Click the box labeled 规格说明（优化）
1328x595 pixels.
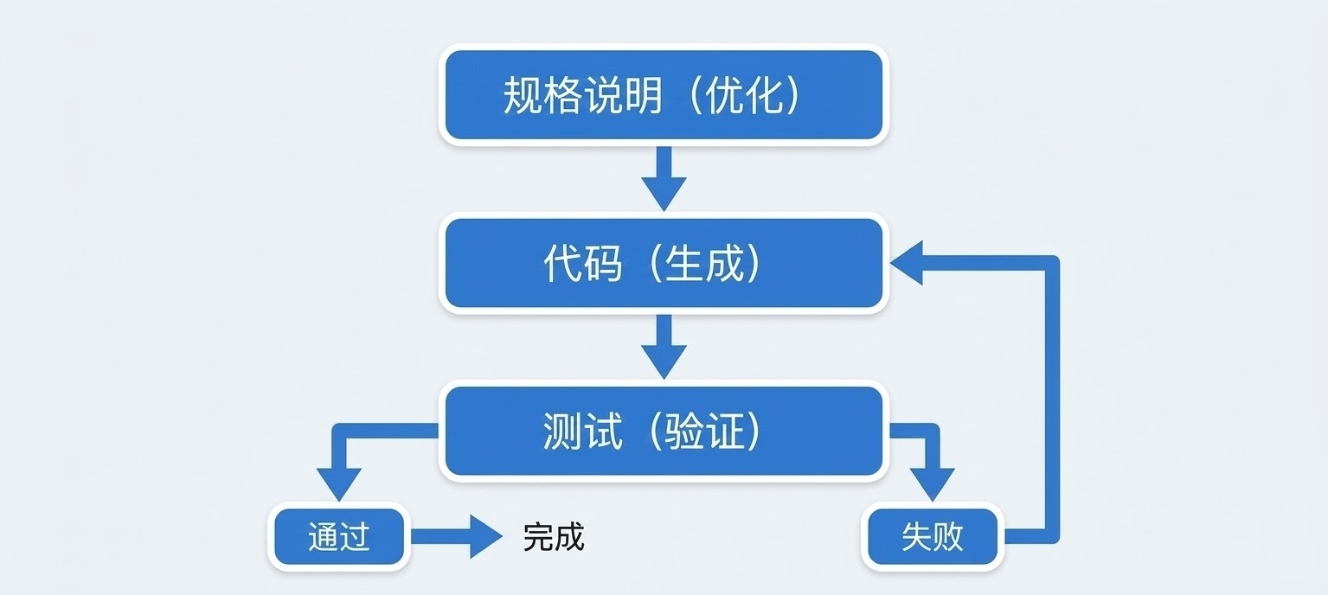[x=663, y=94]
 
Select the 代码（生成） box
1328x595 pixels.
[x=663, y=264]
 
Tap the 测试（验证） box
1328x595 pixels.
[x=663, y=431]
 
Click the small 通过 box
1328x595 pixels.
[x=338, y=537]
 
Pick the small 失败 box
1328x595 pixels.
[x=932, y=537]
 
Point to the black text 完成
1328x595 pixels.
[x=554, y=537]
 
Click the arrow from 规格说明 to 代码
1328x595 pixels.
[x=664, y=179]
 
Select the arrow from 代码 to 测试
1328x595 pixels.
[x=664, y=347]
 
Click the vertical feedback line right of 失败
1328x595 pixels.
[x=1052, y=398]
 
